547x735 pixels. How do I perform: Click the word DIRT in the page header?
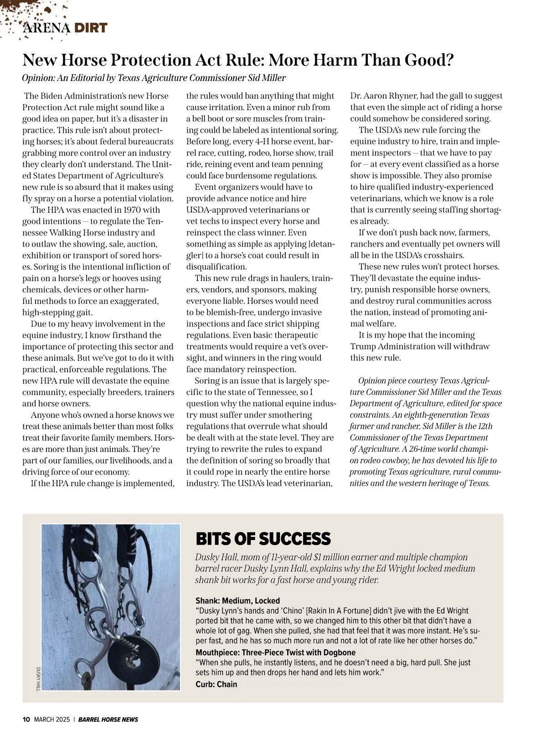[91, 28]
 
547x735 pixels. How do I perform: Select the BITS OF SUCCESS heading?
[263, 539]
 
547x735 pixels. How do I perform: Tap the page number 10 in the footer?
[26, 720]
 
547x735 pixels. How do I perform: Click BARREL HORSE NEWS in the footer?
[108, 720]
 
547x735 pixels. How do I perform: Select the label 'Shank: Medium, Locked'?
[237, 601]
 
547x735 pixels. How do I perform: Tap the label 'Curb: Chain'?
[216, 684]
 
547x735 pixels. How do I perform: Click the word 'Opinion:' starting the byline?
[38, 78]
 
